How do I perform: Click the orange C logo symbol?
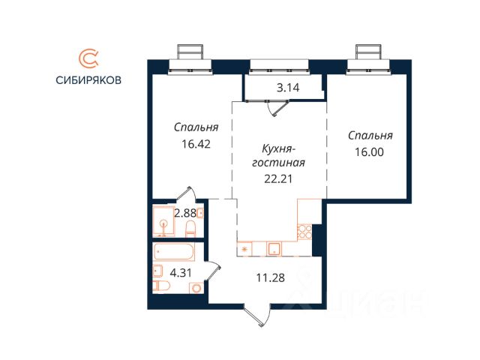point(89,59)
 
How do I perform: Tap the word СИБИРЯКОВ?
point(88,80)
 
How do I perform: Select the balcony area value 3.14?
point(288,88)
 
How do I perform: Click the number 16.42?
point(196,143)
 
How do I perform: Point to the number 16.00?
point(369,151)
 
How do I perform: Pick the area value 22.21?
point(278,178)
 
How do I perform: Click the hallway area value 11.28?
point(271,278)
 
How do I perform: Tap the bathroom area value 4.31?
point(181,273)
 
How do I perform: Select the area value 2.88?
point(185,213)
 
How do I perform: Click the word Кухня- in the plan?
point(278,148)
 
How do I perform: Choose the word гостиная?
point(278,163)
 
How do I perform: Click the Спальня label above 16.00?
point(370,135)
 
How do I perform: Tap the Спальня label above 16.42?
point(196,127)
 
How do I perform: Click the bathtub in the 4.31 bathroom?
point(174,252)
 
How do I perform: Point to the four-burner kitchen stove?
point(304,232)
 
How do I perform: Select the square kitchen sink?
point(275,248)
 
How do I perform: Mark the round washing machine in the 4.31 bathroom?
point(196,288)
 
